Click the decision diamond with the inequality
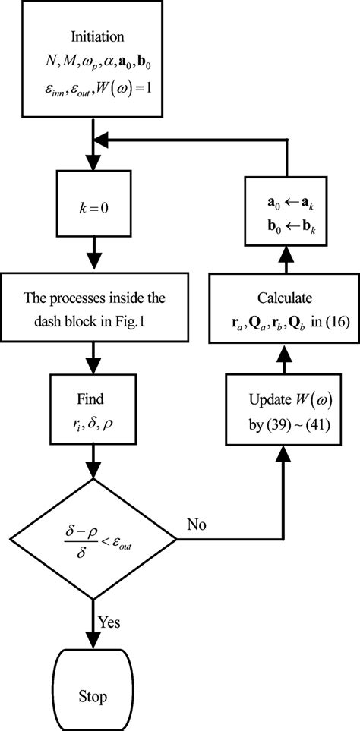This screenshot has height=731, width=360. pyautogui.click(x=93, y=540)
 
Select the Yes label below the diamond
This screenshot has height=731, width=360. pyautogui.click(x=108, y=622)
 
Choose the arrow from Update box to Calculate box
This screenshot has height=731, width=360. pyautogui.click(x=286, y=365)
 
